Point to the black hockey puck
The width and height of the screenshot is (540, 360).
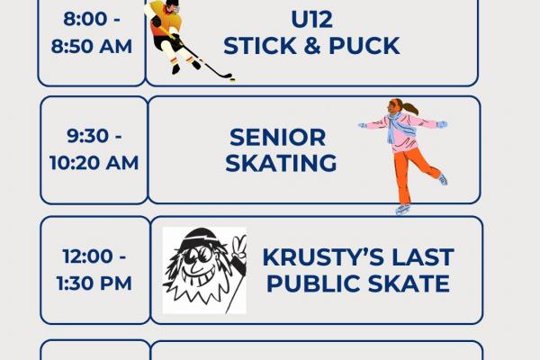[x=231, y=78]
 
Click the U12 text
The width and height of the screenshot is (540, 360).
[x=310, y=18]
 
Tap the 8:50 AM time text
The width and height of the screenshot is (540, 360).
[x=92, y=47]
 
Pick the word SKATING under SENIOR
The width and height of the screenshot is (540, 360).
[x=281, y=163]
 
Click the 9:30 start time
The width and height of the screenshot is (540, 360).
[x=94, y=138]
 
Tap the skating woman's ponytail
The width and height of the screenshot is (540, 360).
[x=411, y=109]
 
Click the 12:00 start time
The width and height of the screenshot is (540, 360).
[x=94, y=257]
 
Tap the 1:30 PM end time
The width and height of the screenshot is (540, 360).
[x=94, y=283]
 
